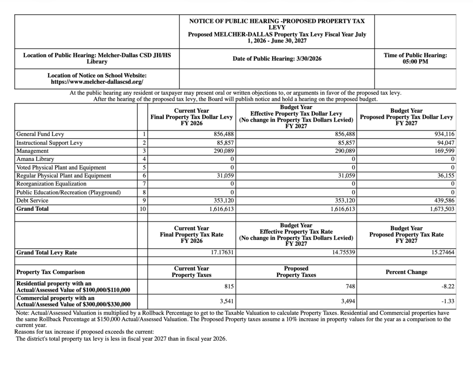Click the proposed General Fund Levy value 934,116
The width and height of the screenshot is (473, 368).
coord(442,134)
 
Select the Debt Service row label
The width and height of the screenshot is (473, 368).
coord(32,201)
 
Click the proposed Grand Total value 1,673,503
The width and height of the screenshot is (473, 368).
coord(440,209)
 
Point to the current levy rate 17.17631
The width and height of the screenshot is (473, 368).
coord(220,253)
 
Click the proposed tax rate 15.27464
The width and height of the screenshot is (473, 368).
coord(441,253)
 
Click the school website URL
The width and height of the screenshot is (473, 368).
coord(97,82)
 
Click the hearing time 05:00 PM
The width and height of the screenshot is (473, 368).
coord(415,62)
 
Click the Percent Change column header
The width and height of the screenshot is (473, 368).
coord(406,272)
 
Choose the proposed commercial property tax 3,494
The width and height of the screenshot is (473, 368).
coord(347,301)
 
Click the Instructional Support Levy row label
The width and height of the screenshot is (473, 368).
coord(49,142)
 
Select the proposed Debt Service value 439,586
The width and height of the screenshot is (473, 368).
coord(442,201)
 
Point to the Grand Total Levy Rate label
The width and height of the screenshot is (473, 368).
coord(47,253)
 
